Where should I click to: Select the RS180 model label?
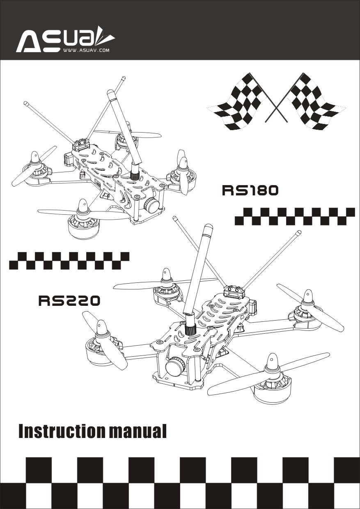pos(250,190)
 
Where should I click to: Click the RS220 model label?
pos(69,300)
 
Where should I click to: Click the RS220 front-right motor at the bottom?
pos(273,387)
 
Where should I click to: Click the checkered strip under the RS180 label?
pos(295,217)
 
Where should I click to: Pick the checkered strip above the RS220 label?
pos(69,261)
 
